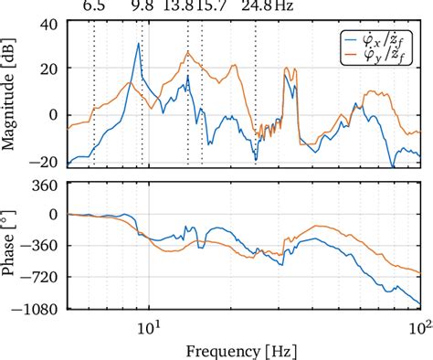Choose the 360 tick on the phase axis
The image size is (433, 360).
click(x=47, y=185)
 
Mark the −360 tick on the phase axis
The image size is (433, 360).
click(x=43, y=245)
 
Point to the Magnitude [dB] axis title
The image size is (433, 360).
click(x=11, y=94)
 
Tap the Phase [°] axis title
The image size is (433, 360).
click(x=11, y=246)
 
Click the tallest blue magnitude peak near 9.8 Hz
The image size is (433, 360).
click(x=138, y=44)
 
